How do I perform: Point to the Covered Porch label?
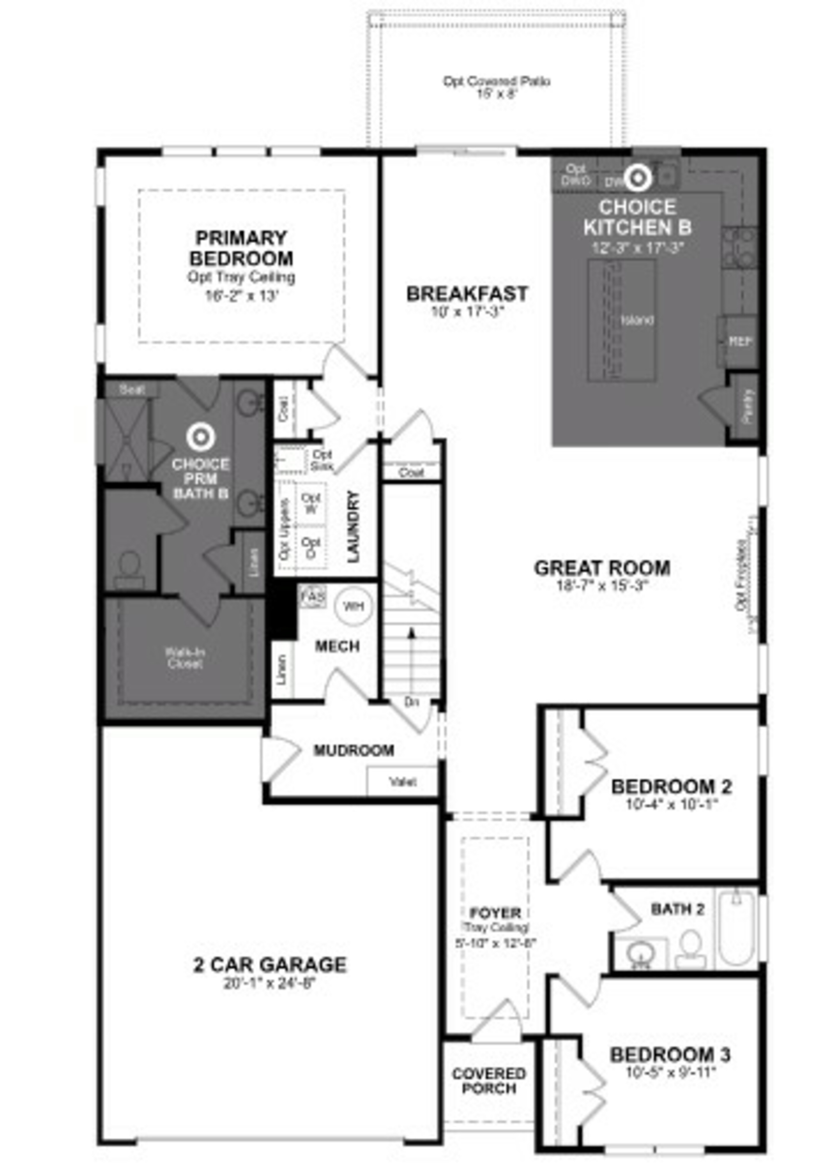489,1081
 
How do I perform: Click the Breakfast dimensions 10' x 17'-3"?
467,312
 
